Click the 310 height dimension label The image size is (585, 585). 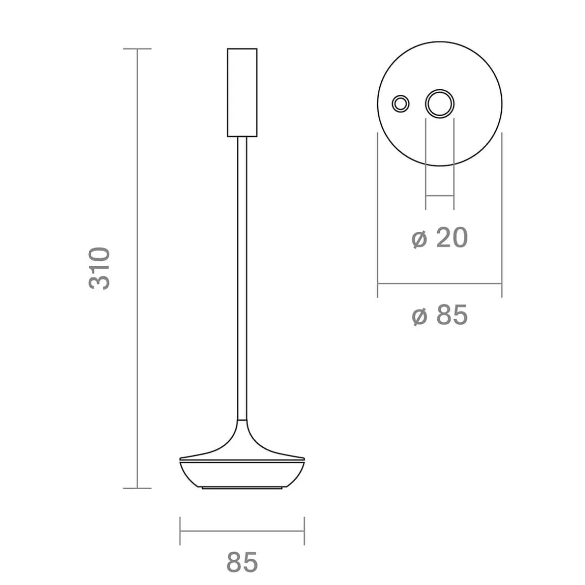point(99,268)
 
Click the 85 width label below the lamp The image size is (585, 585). point(242,562)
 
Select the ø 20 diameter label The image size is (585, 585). point(440,238)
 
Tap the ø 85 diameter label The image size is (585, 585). point(440,316)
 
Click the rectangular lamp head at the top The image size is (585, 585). point(242,92)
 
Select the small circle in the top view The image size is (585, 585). point(401,104)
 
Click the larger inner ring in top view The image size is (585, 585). point(439,104)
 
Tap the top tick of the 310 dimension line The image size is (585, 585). point(137,49)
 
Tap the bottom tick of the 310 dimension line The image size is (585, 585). point(137,488)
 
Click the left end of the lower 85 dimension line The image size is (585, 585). point(180,531)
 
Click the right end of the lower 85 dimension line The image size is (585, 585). point(304,531)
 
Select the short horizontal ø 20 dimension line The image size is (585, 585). point(439,196)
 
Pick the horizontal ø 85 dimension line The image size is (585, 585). point(439,283)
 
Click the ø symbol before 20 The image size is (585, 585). point(420,239)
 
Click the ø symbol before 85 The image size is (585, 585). point(420,317)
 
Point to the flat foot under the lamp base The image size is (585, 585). point(242,488)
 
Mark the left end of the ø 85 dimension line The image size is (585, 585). point(378,283)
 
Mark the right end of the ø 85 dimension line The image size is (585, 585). point(501,283)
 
